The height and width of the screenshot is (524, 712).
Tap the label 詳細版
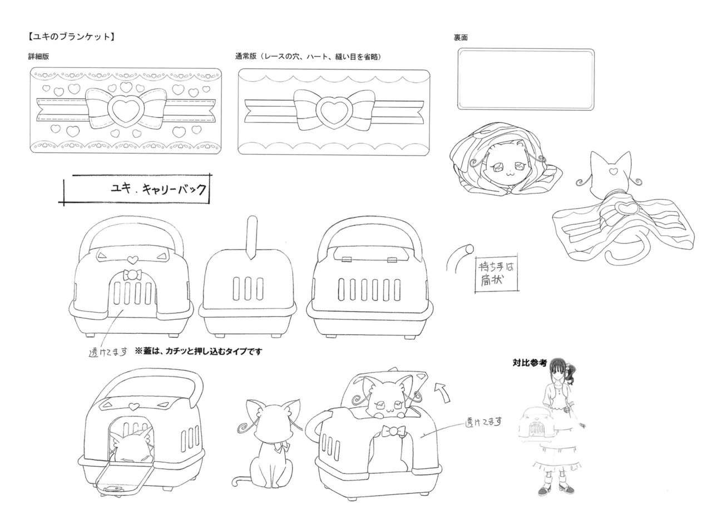[38, 57]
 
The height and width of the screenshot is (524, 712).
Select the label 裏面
[461, 37]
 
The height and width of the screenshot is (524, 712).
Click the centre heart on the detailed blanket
[126, 110]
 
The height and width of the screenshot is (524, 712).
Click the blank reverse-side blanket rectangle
[526, 80]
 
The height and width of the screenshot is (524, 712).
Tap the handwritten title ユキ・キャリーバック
[159, 189]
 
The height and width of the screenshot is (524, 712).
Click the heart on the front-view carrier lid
[132, 260]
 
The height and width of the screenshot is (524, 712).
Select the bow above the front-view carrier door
[132, 275]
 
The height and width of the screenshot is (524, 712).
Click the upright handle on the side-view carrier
[252, 237]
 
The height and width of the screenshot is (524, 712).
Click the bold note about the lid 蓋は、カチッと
[199, 352]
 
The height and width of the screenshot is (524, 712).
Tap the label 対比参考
[530, 363]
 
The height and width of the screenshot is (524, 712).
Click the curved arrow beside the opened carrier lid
[442, 392]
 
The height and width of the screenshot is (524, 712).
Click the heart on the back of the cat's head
[613, 171]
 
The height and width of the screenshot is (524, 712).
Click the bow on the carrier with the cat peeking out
[394, 431]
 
